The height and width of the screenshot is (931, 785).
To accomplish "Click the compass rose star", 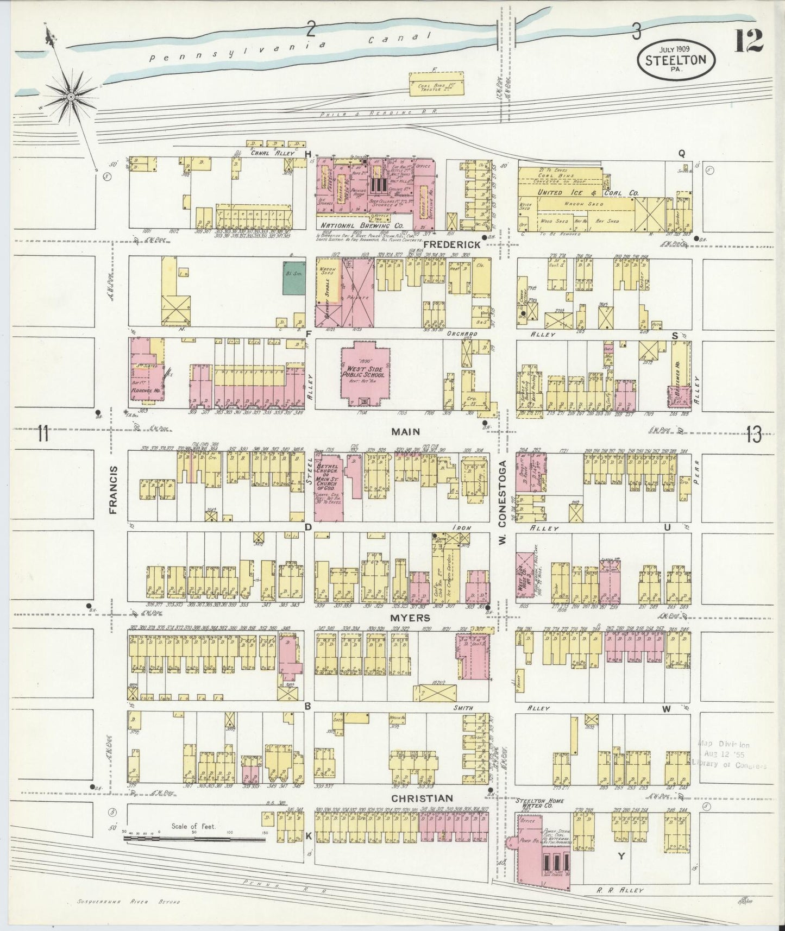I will pyautogui.click(x=70, y=97).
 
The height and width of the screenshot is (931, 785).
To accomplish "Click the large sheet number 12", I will pyautogui.click(x=749, y=40).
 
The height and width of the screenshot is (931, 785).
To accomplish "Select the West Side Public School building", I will pyautogui.click(x=363, y=375).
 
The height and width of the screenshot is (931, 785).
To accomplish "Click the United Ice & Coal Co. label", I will pyautogui.click(x=588, y=192).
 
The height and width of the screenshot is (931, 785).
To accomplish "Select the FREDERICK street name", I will pyautogui.click(x=452, y=245).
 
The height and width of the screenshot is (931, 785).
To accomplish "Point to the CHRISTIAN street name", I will pyautogui.click(x=421, y=798).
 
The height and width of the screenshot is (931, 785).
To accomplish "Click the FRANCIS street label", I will pyautogui.click(x=113, y=489).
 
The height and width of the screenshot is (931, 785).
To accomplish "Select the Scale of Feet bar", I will pyautogui.click(x=194, y=839).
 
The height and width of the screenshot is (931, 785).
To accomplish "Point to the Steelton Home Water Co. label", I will pyautogui.click(x=540, y=803).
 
